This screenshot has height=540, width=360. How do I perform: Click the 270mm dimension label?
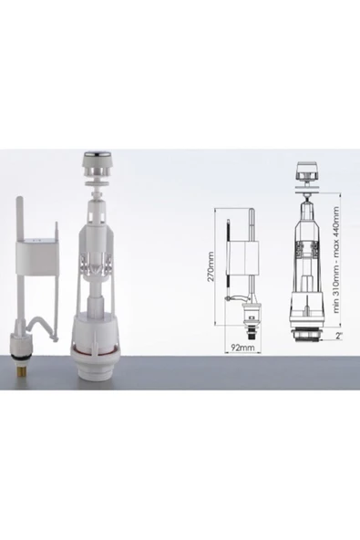(x=211, y=266)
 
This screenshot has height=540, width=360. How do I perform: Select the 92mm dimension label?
(x=242, y=348)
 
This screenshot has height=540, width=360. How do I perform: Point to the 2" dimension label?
(x=340, y=336)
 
